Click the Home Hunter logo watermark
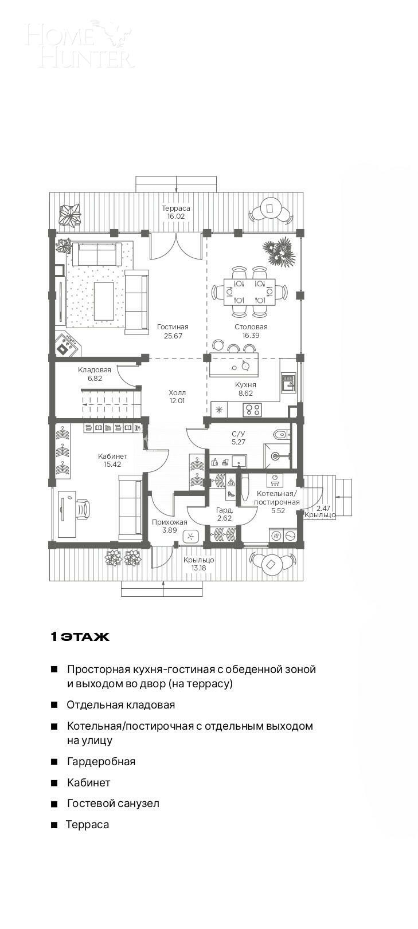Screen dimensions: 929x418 (x=79, y=44)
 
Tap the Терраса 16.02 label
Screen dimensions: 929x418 (x=175, y=212)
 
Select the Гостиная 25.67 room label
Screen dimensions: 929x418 (x=173, y=331)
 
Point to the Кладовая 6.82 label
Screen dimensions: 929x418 (x=95, y=374)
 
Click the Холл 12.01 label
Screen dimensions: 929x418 (x=177, y=397)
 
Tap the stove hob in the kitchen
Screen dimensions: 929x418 (x=252, y=410)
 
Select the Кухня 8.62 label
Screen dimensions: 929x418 (x=245, y=389)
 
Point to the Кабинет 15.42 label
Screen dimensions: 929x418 (x=112, y=460)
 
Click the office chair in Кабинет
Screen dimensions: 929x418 (x=81, y=509)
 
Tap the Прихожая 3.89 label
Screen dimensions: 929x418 (x=169, y=526)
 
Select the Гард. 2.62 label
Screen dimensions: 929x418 (x=224, y=514)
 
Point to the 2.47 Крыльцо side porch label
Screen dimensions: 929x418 (x=321, y=511)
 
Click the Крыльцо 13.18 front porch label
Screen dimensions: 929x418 (x=198, y=564)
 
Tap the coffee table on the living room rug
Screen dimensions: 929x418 (x=104, y=301)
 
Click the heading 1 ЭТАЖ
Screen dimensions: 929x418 (x=80, y=637)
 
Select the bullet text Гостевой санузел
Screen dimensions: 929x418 (x=113, y=804)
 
